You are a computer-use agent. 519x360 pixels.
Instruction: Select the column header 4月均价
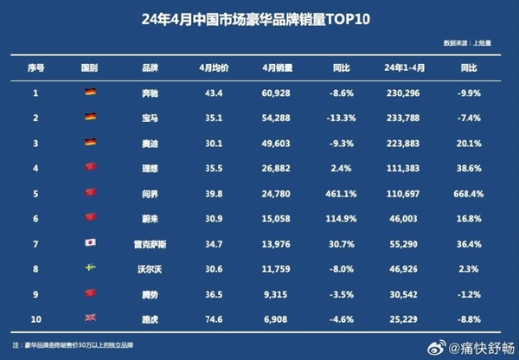tap(212, 67)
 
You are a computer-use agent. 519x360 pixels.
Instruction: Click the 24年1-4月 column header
tap(404, 67)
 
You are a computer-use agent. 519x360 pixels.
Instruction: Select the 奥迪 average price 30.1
tap(212, 142)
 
